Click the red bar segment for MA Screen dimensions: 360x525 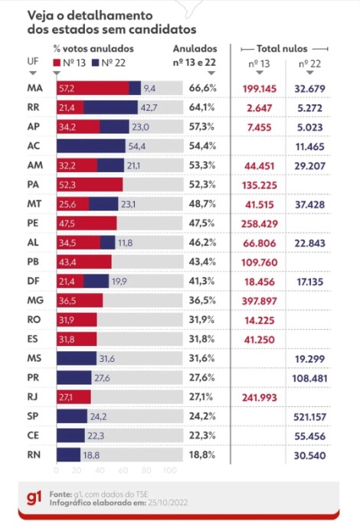click(93, 88)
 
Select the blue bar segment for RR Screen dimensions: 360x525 click(110, 107)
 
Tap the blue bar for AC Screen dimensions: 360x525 click(91, 146)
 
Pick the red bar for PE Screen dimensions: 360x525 click(87, 223)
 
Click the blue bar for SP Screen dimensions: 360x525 click(72, 416)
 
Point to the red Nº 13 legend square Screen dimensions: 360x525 click(57, 63)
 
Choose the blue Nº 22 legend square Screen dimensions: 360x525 click(96, 63)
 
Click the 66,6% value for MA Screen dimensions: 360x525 click(203, 88)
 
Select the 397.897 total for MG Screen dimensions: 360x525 click(260, 301)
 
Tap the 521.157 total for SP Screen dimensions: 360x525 click(309, 417)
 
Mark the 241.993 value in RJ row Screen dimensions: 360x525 click(260, 397)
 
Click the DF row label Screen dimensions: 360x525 click(33, 281)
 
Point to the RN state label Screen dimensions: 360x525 click(34, 455)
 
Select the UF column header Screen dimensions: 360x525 click(33, 61)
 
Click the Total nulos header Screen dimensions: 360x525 click(282, 49)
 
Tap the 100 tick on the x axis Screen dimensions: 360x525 click(170, 471)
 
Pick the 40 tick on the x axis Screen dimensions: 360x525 click(100, 471)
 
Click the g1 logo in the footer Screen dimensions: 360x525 click(34, 498)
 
